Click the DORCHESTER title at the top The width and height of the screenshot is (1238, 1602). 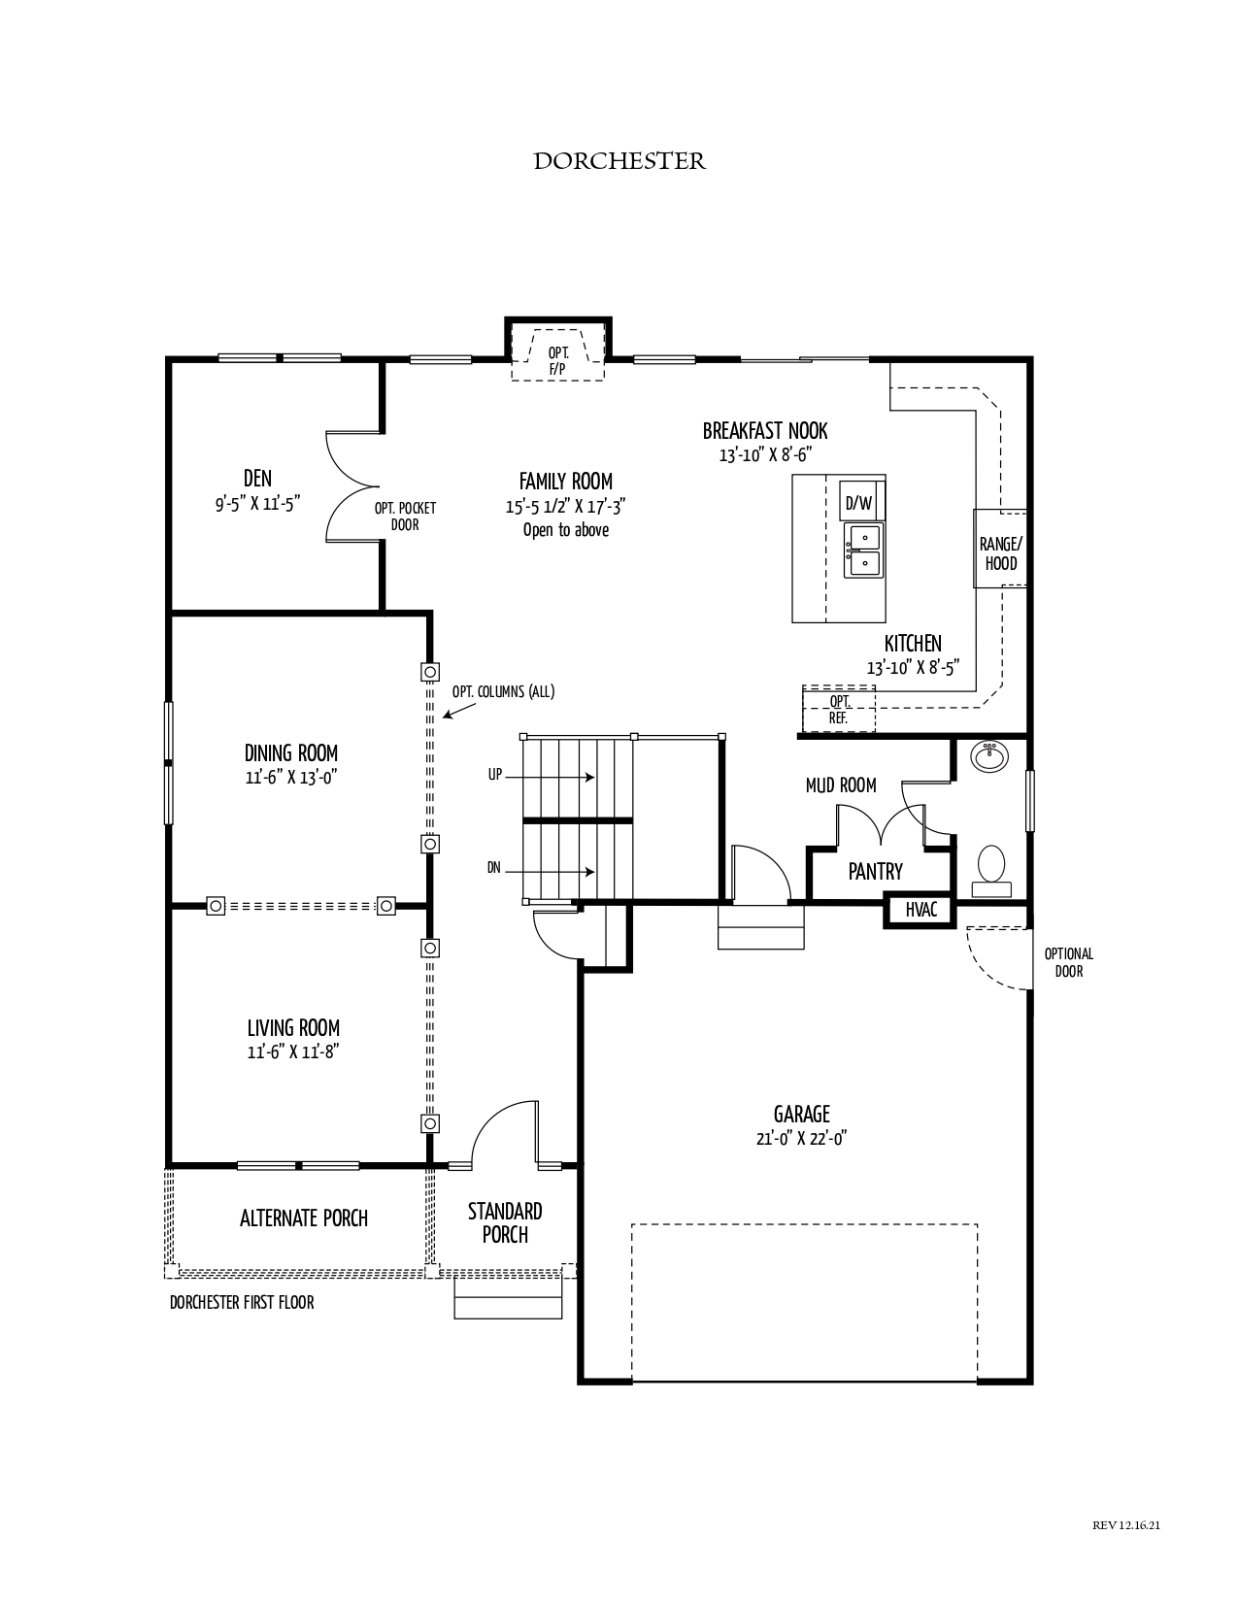619,161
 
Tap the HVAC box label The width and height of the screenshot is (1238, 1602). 920,909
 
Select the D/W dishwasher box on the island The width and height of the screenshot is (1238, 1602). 859,504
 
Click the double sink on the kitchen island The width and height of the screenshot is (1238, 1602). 862,551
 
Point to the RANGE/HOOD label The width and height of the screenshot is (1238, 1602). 1000,553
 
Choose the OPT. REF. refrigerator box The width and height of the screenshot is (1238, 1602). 839,709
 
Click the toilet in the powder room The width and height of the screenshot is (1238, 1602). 991,871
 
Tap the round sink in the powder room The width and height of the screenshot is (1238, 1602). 988,757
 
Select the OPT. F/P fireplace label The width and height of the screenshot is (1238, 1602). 558,361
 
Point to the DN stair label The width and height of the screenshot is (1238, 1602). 493,868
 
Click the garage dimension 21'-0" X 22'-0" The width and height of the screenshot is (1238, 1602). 801,1138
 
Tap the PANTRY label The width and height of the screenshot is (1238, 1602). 875,872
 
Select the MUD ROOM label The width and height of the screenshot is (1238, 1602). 841,785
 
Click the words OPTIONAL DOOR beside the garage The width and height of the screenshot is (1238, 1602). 1068,963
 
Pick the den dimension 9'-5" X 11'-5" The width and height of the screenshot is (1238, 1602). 258,504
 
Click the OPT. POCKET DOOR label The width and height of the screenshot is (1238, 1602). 405,517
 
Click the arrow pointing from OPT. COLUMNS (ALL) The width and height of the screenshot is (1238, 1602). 458,711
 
